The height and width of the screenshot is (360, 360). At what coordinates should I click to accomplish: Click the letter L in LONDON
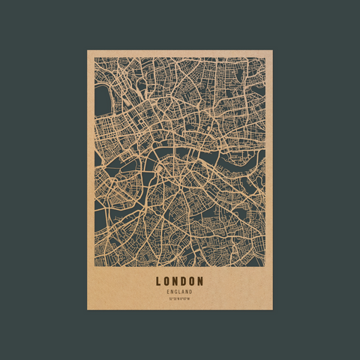[159, 282]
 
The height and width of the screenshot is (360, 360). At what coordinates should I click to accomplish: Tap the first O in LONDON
[167, 282]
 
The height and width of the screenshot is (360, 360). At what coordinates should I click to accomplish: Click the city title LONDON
[180, 282]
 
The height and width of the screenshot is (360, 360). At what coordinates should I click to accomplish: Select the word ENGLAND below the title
[180, 292]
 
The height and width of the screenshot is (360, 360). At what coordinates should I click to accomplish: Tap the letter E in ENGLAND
[169, 292]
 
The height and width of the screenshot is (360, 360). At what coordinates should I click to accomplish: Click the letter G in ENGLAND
[176, 292]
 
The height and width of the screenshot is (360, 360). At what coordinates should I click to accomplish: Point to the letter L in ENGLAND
[180, 292]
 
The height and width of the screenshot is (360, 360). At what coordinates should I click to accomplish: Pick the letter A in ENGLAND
[183, 292]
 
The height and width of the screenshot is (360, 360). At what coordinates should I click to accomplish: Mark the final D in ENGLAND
[190, 292]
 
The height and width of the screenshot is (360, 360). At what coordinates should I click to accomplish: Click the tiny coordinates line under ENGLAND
[180, 299]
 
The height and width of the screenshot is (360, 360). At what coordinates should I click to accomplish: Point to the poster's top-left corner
[87, 50]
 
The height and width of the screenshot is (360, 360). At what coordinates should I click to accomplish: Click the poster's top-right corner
[273, 50]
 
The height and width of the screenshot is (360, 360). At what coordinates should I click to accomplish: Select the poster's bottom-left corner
[87, 310]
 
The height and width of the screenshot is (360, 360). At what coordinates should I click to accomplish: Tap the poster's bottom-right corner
[273, 310]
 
